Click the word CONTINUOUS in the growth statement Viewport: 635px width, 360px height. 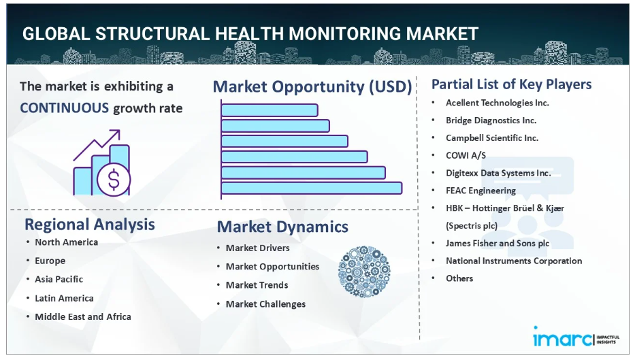pyautogui.click(x=65, y=108)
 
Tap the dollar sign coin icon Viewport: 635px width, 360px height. pyautogui.click(x=114, y=180)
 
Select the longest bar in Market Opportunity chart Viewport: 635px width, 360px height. pyautogui.click(x=312, y=189)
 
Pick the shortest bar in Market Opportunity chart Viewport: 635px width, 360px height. pyautogui.click(x=270, y=110)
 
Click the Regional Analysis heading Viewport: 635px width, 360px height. pyautogui.click(x=90, y=225)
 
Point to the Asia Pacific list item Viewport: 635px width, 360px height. pyautogui.click(x=59, y=280)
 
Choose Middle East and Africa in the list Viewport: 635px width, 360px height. pyautogui.click(x=83, y=316)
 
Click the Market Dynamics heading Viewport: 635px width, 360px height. pyautogui.click(x=282, y=227)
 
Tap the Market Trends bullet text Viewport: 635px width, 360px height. pyautogui.click(x=257, y=285)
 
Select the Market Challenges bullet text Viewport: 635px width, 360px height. pyautogui.click(x=265, y=304)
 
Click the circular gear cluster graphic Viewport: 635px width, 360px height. pyautogui.click(x=364, y=272)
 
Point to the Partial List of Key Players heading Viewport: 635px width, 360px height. pyautogui.click(x=512, y=84)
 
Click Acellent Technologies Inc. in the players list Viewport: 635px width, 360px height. pyautogui.click(x=498, y=103)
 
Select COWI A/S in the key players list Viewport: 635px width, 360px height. pyautogui.click(x=466, y=155)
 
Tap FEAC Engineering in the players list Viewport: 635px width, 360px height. pyautogui.click(x=481, y=191)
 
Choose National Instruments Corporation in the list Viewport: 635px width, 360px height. pyautogui.click(x=514, y=261)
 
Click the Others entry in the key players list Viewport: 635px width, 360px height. pyautogui.click(x=459, y=278)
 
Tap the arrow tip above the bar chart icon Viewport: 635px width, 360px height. pyautogui.click(x=120, y=131)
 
